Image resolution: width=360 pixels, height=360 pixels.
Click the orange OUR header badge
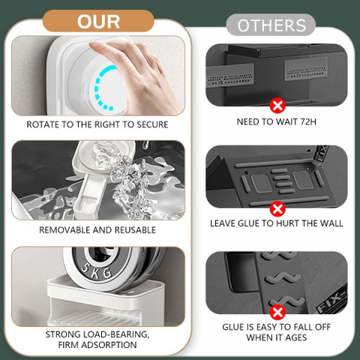coord(98,21)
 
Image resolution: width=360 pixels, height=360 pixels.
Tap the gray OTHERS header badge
coord(271,25)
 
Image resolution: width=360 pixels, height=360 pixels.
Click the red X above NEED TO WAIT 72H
coord(277,106)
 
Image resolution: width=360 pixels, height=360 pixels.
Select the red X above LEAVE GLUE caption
coord(277,209)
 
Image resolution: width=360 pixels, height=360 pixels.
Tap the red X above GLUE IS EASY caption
coord(277,312)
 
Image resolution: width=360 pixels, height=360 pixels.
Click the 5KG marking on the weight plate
coord(96,271)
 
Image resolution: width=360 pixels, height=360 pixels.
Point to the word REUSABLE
coord(135,230)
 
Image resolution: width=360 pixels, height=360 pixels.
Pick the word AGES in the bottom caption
coord(296,337)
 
